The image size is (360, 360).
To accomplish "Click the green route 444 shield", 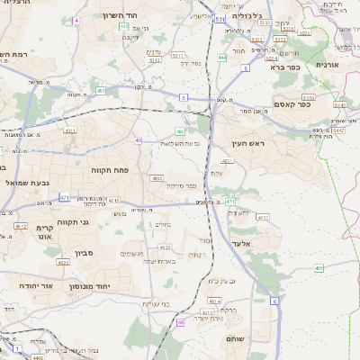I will [x=221, y=58].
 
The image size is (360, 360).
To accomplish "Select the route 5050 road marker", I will [x=308, y=96].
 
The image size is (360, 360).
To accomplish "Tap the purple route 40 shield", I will [x=139, y=140].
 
